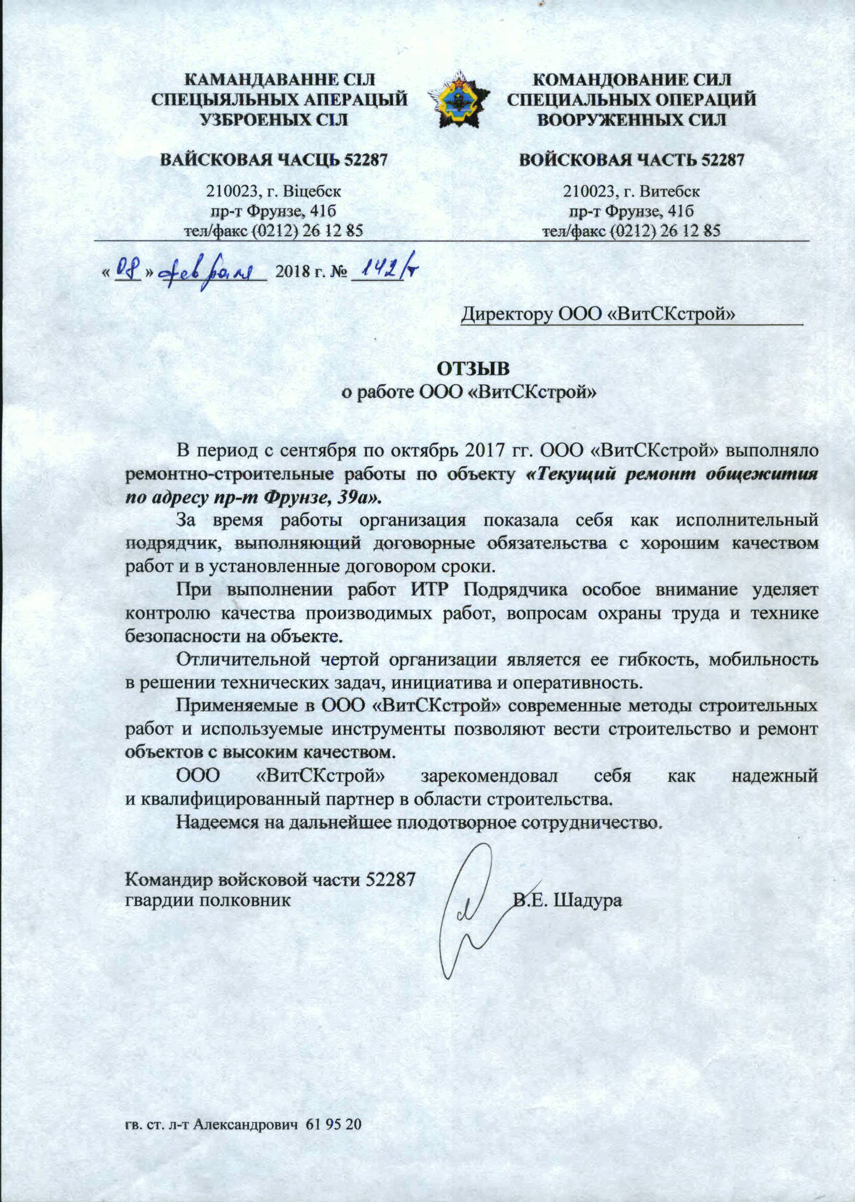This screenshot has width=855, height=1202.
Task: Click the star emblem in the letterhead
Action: click(459, 100)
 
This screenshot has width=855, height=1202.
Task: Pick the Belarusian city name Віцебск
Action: click(313, 191)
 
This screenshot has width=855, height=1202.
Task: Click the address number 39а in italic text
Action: click(354, 497)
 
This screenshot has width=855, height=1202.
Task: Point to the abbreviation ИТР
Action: click(429, 590)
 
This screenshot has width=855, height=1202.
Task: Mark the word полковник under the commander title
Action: click(247, 900)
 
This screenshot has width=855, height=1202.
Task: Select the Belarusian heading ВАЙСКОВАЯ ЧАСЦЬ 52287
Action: click(274, 160)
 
